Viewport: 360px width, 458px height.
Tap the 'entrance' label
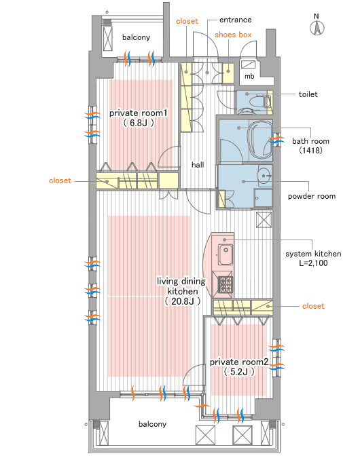click(x=236, y=20)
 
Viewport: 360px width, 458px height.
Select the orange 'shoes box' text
click(x=233, y=35)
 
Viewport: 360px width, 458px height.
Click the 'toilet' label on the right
click(x=308, y=94)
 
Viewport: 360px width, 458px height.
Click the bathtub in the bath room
click(x=260, y=140)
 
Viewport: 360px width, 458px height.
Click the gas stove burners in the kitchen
click(x=226, y=285)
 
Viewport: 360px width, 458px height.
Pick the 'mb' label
click(x=249, y=76)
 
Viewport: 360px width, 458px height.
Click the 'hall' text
click(x=198, y=165)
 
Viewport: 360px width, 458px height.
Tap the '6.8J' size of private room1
click(x=138, y=123)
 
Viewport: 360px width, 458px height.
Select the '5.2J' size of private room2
click(x=239, y=372)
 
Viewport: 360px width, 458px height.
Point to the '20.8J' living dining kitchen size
click(x=183, y=301)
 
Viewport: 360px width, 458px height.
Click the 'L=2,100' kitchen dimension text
click(x=313, y=263)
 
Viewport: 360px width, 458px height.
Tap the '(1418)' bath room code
click(x=310, y=150)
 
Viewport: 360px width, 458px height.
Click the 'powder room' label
click(x=312, y=196)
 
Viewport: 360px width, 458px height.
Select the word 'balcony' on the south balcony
click(x=152, y=424)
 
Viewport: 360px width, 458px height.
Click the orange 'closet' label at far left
click(x=60, y=180)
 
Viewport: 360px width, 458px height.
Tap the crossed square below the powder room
click(x=264, y=220)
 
